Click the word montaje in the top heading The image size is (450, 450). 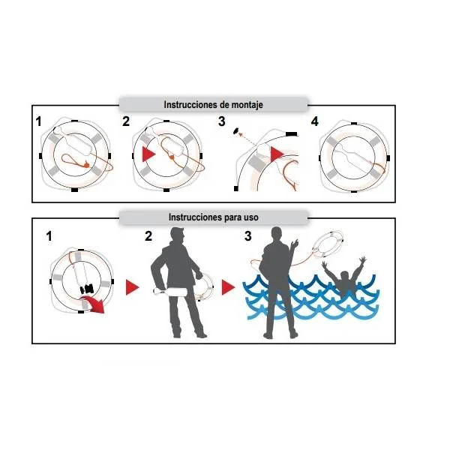tap(247, 105)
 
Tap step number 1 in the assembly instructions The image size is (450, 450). tap(38, 121)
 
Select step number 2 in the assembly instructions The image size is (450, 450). tap(126, 121)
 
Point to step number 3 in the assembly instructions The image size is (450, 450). tap(221, 121)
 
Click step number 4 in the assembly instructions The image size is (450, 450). tap(314, 121)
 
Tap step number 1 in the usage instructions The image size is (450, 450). tap(49, 236)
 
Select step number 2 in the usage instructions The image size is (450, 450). tap(148, 236)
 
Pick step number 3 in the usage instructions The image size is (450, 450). tap(247, 236)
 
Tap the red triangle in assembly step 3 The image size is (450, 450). tap(276, 154)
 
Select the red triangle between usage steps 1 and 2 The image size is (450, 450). tap(132, 287)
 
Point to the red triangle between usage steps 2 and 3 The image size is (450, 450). tap(228, 287)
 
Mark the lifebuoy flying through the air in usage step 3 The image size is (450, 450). tap(328, 244)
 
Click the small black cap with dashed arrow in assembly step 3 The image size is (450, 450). tap(237, 130)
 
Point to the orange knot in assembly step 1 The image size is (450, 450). tap(86, 165)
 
